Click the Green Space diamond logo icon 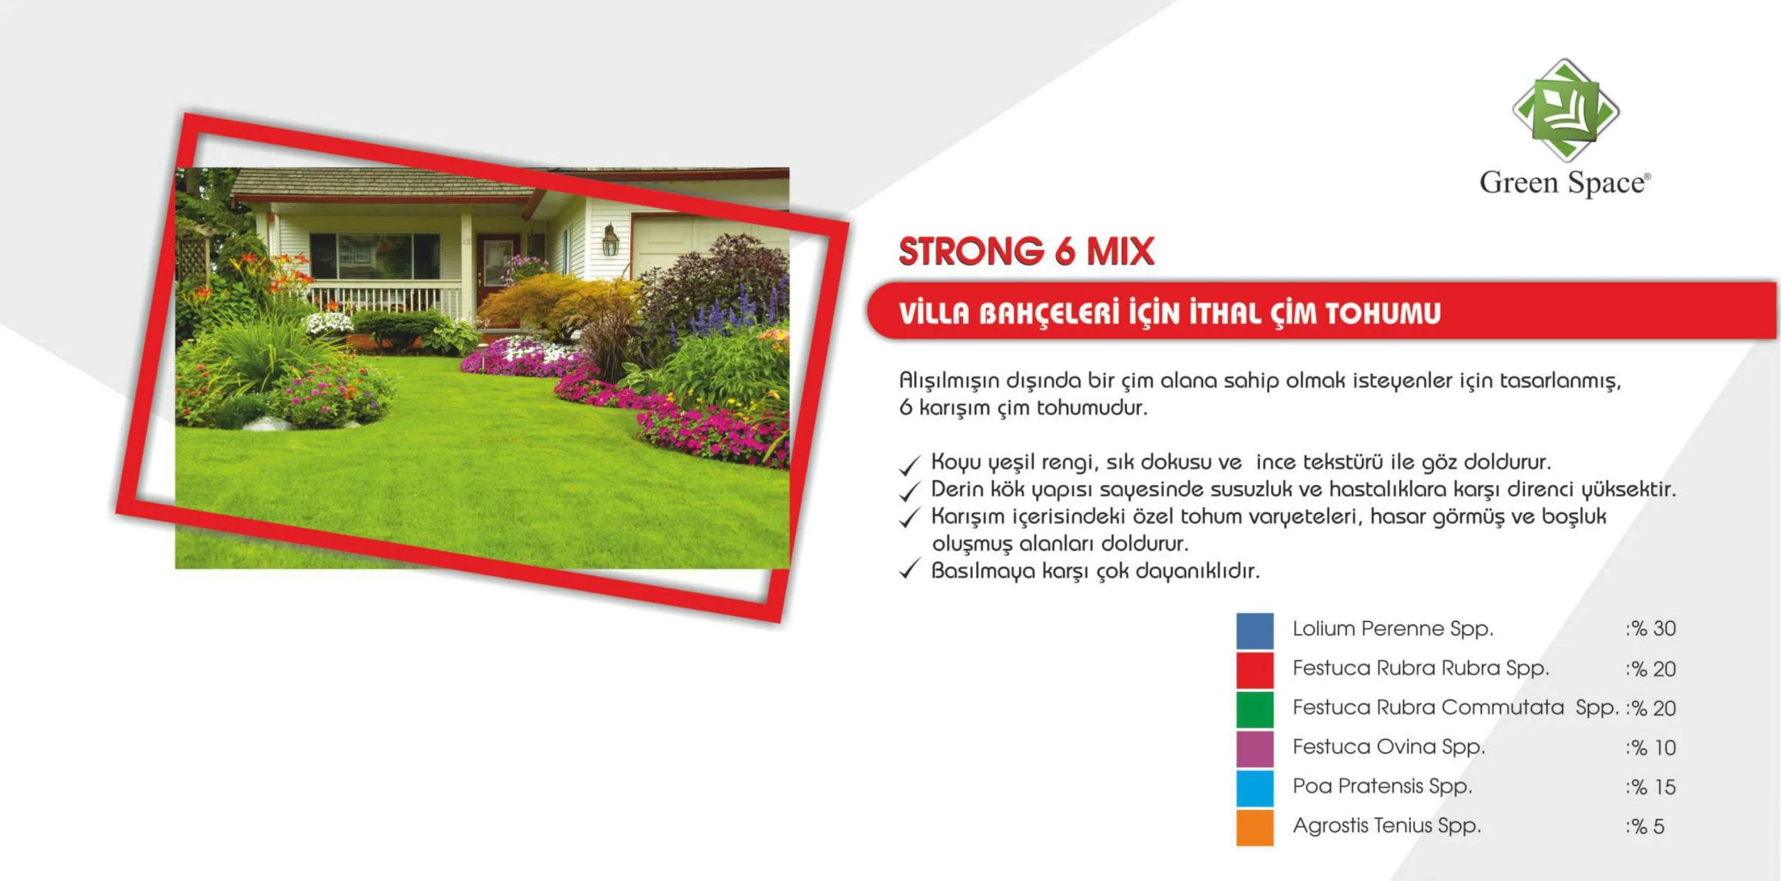click(x=1565, y=110)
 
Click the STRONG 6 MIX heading click(x=1026, y=251)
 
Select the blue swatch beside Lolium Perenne click(x=1254, y=630)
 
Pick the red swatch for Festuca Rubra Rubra click(x=1254, y=669)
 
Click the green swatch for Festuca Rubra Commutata click(x=1254, y=709)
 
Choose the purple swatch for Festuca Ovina click(x=1254, y=748)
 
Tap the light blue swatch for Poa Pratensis click(x=1254, y=788)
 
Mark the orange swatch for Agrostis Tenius click(x=1254, y=827)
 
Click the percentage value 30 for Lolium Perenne click(x=1663, y=628)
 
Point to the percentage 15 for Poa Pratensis click(x=1663, y=787)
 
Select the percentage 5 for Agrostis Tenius click(x=1659, y=827)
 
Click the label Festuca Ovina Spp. click(x=1389, y=747)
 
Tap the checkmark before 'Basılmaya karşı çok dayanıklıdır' click(x=910, y=569)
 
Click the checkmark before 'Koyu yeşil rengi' click(x=910, y=464)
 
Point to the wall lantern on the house click(x=610, y=240)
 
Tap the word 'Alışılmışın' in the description click(x=951, y=381)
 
